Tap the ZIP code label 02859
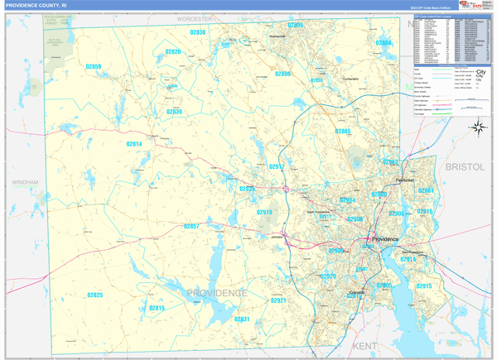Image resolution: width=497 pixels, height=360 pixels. click(x=94, y=66)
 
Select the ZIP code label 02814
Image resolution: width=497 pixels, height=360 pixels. click(x=134, y=144)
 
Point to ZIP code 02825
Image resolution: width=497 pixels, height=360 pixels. click(x=94, y=295)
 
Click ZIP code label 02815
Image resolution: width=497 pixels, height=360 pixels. click(x=157, y=308)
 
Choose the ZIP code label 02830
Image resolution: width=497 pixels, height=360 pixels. click(x=197, y=32)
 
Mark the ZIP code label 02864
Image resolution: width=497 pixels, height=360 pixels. click(x=384, y=42)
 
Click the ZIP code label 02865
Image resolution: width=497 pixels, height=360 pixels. click(x=343, y=132)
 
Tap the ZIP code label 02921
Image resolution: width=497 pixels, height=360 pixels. click(x=278, y=300)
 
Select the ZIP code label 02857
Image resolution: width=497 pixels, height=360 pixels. click(x=191, y=226)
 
